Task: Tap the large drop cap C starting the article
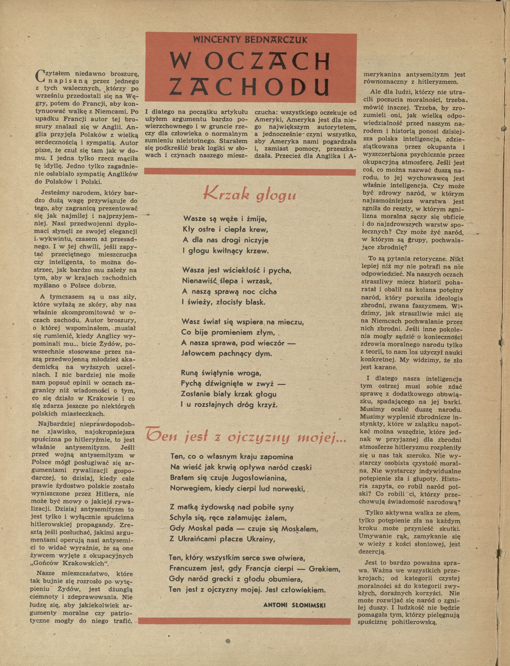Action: [41, 75]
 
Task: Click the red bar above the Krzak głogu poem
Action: [250, 172]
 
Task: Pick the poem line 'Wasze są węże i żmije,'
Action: [224, 219]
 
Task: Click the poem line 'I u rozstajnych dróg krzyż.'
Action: [229, 405]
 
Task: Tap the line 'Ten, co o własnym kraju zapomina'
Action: [231, 457]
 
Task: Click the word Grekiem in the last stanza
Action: [324, 569]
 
